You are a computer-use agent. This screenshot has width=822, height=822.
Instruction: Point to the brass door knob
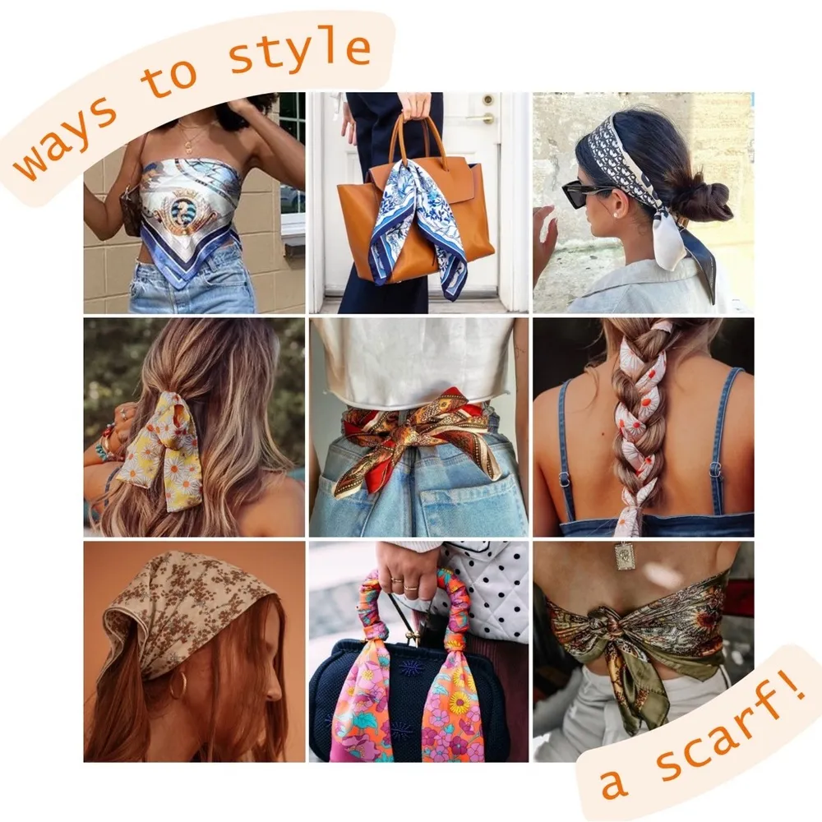487,118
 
